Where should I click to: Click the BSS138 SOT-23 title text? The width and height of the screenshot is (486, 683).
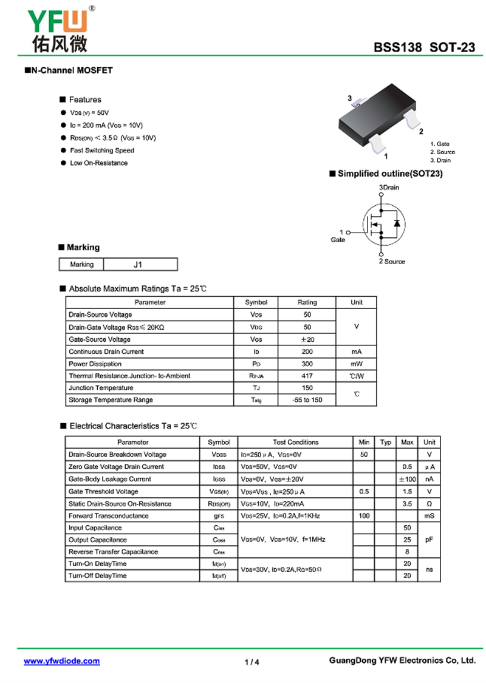point(424,48)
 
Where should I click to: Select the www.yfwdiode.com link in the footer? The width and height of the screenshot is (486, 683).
point(61,661)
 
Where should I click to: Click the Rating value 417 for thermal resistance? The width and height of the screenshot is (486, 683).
point(307,376)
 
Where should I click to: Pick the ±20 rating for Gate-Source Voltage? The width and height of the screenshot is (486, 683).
point(307,339)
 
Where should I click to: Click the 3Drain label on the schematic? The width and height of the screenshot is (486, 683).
point(389,188)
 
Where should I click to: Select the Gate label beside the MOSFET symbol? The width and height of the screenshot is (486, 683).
point(338,240)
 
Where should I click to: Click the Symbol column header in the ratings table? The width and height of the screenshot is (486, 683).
point(256,302)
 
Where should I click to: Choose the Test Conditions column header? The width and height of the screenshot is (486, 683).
point(295,443)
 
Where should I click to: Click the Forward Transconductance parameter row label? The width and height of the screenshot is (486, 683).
point(108,515)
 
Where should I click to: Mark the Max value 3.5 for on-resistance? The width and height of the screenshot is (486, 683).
point(407,503)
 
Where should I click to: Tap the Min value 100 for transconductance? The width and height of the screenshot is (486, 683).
point(364,515)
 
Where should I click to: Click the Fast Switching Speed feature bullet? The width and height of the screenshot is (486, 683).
point(102,151)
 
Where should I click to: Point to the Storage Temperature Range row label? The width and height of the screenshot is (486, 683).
point(111,400)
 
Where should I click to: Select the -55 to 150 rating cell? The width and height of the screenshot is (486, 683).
point(307,400)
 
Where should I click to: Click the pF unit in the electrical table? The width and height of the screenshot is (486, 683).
point(429,540)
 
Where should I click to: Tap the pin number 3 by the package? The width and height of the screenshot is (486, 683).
point(350,98)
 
